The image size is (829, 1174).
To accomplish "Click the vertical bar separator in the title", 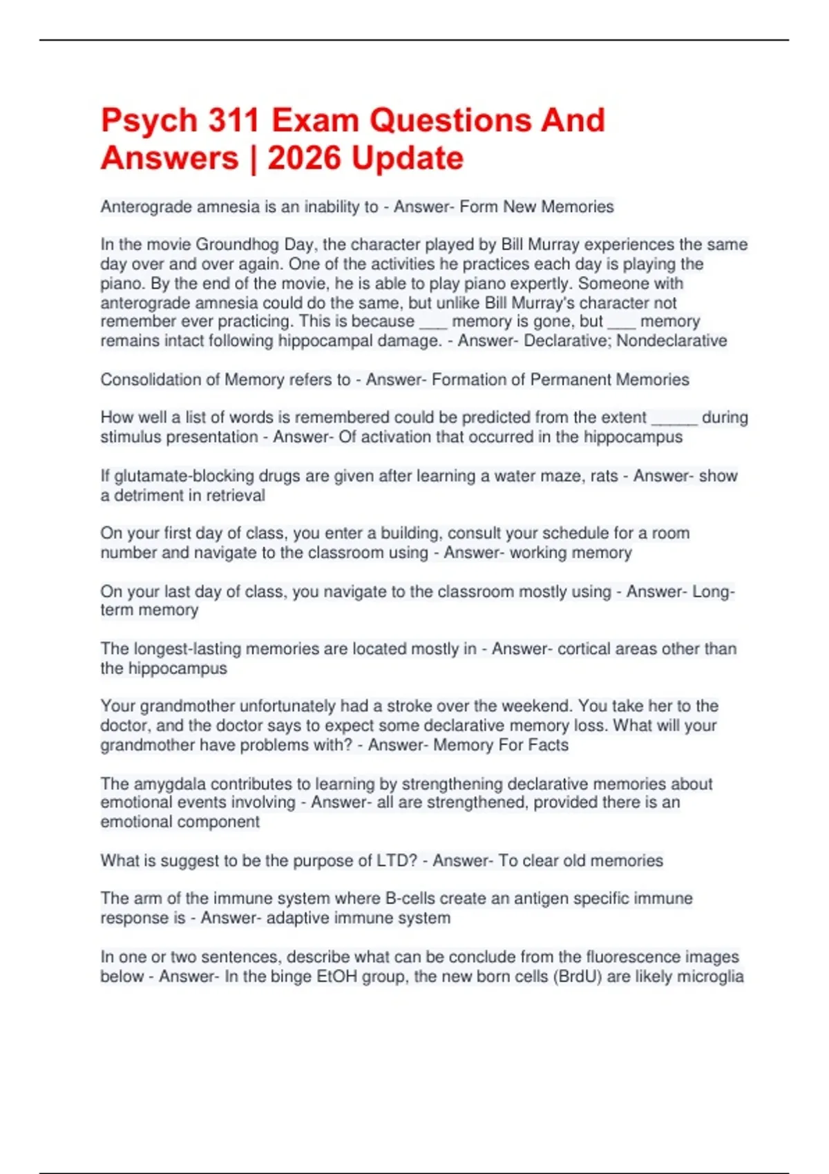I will click(253, 158).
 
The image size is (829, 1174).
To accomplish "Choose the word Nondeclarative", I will click(671, 340).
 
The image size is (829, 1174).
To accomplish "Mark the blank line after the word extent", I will click(674, 418).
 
